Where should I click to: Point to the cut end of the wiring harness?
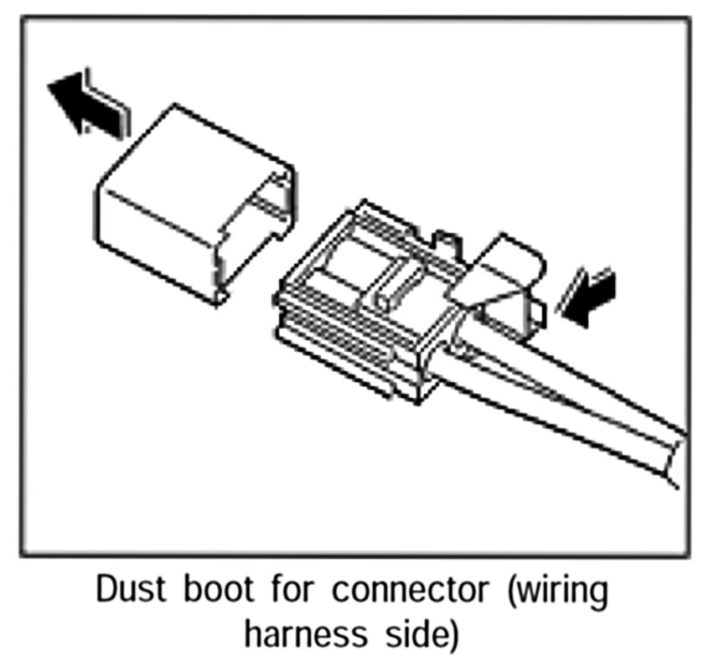(675, 457)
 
